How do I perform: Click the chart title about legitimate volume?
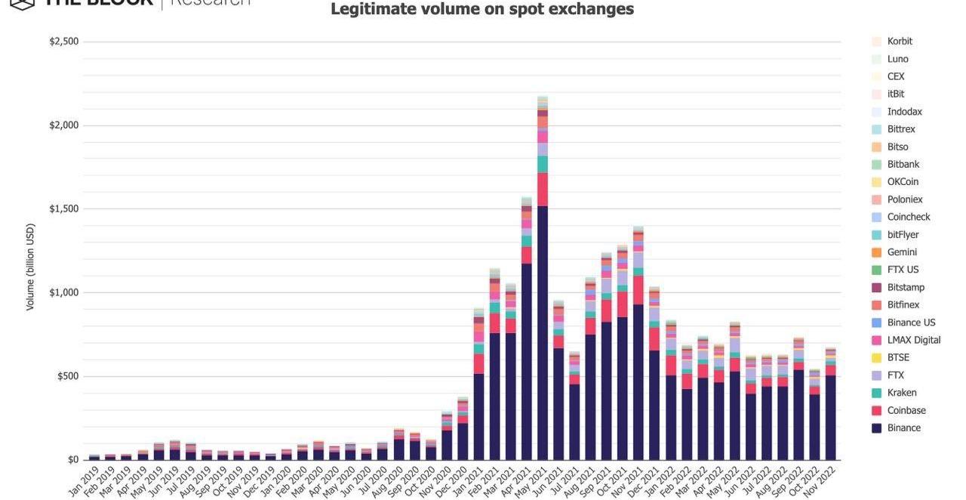point(482,10)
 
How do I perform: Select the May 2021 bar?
point(543,302)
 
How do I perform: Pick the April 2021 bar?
point(527,340)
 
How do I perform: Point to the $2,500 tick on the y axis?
point(64,42)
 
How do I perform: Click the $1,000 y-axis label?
point(64,293)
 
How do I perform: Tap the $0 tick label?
point(72,460)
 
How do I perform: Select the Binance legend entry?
point(903,428)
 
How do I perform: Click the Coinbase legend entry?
point(906,411)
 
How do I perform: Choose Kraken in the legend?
point(902,393)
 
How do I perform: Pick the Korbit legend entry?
point(900,42)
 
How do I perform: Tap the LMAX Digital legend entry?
point(913,341)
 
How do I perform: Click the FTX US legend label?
point(903,270)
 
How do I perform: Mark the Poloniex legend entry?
point(904,199)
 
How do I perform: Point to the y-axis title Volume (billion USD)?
point(30,267)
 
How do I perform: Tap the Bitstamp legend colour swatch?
point(876,288)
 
